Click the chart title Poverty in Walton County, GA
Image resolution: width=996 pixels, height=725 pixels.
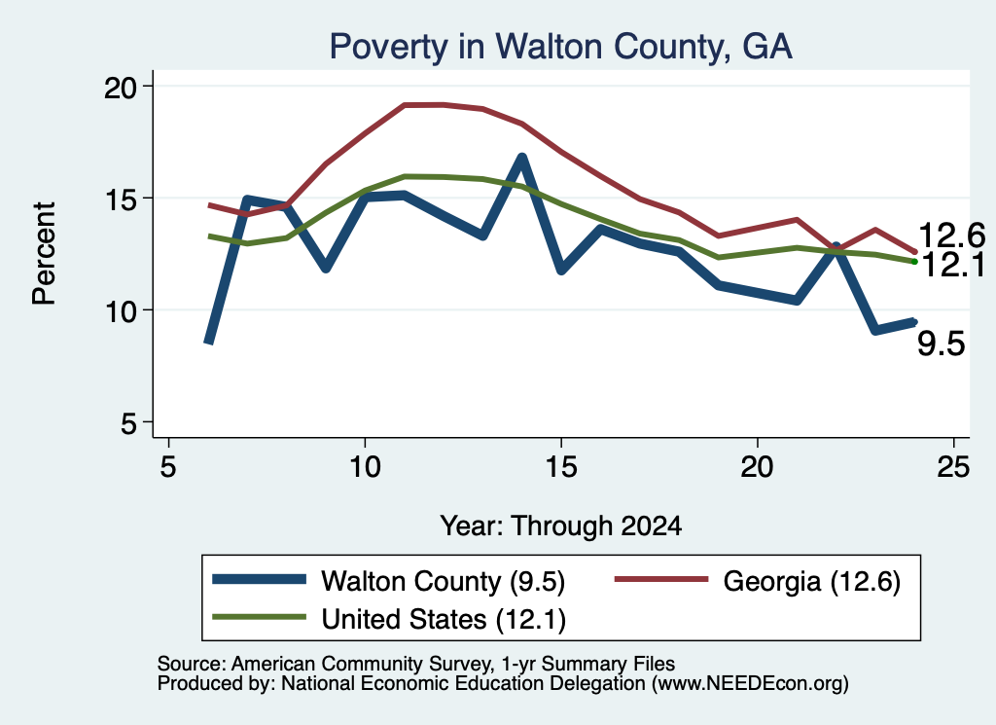click(561, 47)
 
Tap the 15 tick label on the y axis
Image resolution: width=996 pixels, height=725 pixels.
click(120, 199)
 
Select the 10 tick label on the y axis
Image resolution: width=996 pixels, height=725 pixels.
click(120, 311)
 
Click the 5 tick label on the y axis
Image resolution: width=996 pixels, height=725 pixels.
click(129, 423)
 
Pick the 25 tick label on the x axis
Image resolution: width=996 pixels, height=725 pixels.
click(953, 467)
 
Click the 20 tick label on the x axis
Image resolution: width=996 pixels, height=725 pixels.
click(757, 467)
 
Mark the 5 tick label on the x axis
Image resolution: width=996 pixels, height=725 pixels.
click(167, 467)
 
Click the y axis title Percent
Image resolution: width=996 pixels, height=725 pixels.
click(44, 254)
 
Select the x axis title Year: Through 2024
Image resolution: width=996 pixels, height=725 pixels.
click(561, 526)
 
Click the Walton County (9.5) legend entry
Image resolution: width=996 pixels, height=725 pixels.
click(389, 581)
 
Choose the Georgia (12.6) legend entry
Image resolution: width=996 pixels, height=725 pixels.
click(757, 581)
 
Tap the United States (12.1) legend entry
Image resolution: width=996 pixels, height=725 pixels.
click(389, 619)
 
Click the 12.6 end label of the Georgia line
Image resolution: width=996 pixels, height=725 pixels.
click(951, 236)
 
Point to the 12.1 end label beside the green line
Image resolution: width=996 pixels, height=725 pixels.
click(952, 265)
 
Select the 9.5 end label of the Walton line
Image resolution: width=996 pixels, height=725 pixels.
click(942, 344)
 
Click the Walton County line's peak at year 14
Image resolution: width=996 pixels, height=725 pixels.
click(522, 157)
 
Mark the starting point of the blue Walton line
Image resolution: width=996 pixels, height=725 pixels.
click(208, 343)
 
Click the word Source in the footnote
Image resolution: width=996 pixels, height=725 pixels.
click(190, 664)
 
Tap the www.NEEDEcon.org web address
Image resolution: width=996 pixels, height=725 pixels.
click(750, 684)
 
